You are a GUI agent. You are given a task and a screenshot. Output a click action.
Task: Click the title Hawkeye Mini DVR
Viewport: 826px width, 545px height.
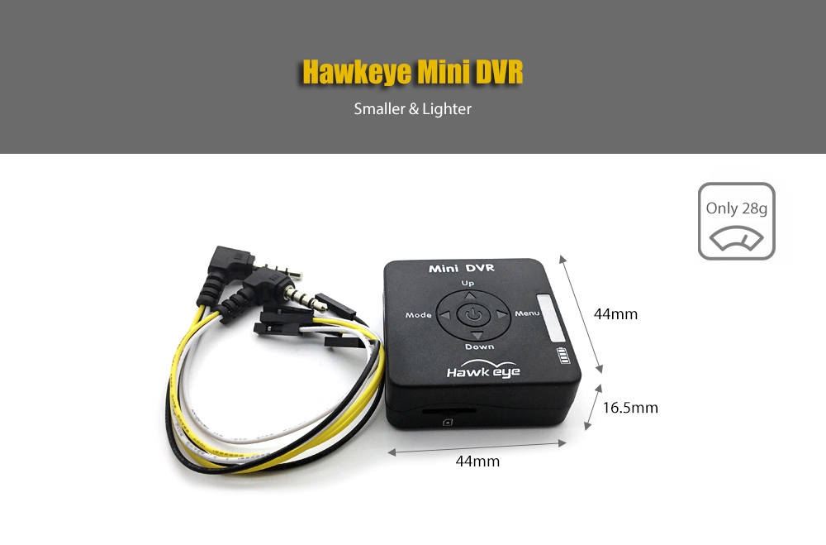[x=412, y=72]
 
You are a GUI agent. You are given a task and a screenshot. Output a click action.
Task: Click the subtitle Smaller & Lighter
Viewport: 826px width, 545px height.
[x=412, y=108]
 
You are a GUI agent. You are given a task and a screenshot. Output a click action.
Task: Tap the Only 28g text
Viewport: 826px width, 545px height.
[x=736, y=208]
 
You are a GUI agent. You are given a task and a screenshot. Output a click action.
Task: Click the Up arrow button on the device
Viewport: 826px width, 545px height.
[x=469, y=295]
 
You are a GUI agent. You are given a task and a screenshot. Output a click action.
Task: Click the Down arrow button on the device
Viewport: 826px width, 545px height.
[x=469, y=334]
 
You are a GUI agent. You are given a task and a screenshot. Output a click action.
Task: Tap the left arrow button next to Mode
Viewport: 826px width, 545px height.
[x=444, y=315]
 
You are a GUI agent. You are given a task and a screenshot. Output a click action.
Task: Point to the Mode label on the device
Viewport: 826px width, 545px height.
[x=419, y=316]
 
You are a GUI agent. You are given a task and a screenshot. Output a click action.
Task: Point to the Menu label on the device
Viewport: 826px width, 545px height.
[x=527, y=313]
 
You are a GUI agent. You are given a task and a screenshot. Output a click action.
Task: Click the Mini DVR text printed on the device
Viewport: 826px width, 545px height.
[x=461, y=268]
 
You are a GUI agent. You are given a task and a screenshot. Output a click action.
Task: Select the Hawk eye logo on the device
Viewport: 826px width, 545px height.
[x=483, y=370]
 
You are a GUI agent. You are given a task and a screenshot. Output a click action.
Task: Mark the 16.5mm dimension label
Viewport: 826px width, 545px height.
[x=630, y=407]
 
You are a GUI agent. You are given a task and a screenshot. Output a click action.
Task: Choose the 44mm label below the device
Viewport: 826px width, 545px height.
[x=477, y=461]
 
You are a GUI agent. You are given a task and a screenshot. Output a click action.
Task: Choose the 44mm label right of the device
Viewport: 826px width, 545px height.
[x=616, y=314]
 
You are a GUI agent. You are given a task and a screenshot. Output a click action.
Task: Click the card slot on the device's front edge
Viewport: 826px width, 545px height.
[x=441, y=410]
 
